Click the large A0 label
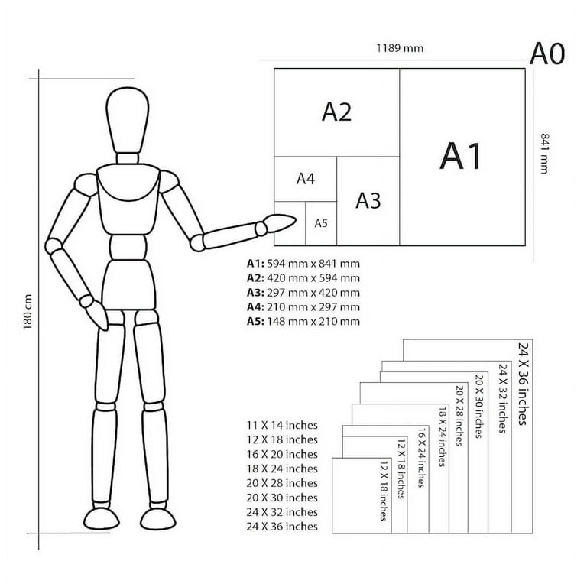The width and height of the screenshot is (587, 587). [x=547, y=54]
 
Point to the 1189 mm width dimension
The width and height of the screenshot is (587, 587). [x=399, y=49]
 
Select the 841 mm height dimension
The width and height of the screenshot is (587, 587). [x=546, y=153]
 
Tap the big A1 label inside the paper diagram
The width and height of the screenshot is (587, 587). [x=462, y=156]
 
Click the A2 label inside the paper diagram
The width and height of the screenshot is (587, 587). [x=336, y=112]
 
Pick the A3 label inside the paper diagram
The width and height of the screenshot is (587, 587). [x=368, y=200]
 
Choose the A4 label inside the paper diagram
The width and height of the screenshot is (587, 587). [x=306, y=179]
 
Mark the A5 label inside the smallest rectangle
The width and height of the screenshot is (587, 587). [x=321, y=223]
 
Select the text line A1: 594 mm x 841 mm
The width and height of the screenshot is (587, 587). [x=303, y=264]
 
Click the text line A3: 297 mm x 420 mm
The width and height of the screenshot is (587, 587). [x=303, y=293]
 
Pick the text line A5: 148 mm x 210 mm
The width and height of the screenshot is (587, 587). [x=303, y=322]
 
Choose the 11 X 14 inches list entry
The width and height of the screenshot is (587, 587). [x=282, y=425]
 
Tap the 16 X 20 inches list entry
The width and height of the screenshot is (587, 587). [x=282, y=454]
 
